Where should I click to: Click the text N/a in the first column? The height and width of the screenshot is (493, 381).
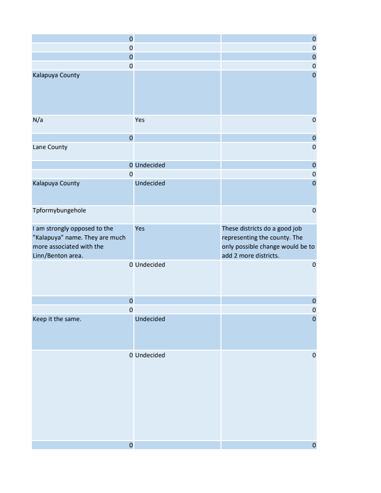(x=38, y=120)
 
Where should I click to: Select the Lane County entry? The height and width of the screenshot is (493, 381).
(x=50, y=147)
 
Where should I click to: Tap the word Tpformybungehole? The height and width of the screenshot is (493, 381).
(x=59, y=211)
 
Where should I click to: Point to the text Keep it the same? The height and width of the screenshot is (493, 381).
(x=57, y=319)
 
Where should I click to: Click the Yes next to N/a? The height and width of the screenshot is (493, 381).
(x=140, y=120)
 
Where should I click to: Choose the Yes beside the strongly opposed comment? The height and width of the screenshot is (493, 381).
(x=140, y=229)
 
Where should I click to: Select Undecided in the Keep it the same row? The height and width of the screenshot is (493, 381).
(x=150, y=319)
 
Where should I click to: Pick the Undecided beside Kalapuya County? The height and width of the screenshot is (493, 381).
(x=150, y=183)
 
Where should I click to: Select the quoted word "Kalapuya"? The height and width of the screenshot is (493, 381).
(x=49, y=238)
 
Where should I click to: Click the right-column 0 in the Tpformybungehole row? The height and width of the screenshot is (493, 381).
(x=314, y=211)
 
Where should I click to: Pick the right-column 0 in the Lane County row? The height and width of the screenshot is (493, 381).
(x=314, y=147)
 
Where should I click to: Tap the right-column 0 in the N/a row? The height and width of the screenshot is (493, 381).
(x=314, y=120)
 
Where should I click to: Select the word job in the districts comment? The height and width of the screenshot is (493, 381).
(x=296, y=229)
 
